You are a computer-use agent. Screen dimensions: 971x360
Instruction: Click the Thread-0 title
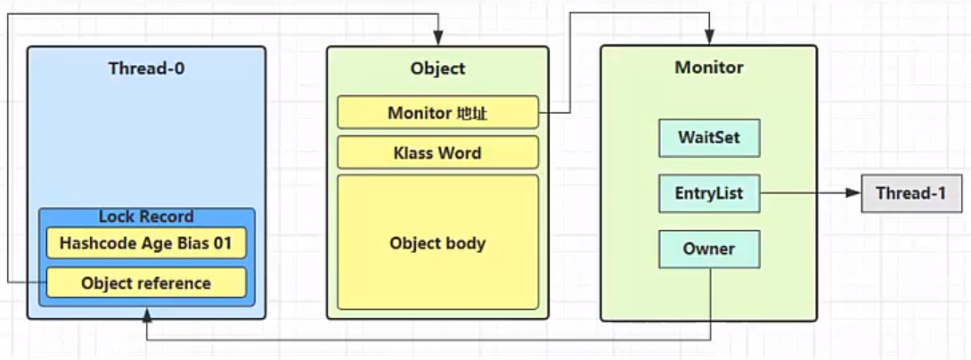[x=146, y=68]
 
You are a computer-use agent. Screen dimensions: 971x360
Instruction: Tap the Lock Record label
[x=146, y=217]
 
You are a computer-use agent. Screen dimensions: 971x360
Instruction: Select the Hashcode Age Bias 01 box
[x=146, y=243]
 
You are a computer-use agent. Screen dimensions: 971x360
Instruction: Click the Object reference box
[x=146, y=283]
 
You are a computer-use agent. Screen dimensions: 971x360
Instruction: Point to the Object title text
[x=437, y=68]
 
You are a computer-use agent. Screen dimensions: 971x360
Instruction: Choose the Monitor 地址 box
[x=437, y=113]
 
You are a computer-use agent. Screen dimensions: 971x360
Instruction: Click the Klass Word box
[x=437, y=152]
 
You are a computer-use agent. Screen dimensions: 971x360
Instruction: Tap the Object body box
[x=437, y=242]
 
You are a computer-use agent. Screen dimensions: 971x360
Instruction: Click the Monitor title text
[x=709, y=67]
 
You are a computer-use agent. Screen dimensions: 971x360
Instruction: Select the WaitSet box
[x=709, y=137]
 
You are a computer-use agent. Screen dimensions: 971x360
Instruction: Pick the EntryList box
[x=709, y=193]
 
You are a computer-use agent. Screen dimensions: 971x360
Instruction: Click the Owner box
[x=709, y=250]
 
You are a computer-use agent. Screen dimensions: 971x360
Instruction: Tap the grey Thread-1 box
[x=911, y=193]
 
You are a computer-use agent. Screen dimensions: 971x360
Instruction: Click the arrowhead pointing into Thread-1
[x=854, y=193]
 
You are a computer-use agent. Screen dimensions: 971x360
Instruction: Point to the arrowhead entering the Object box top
[x=437, y=38]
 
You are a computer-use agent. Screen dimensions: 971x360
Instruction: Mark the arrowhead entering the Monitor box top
[x=708, y=37]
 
